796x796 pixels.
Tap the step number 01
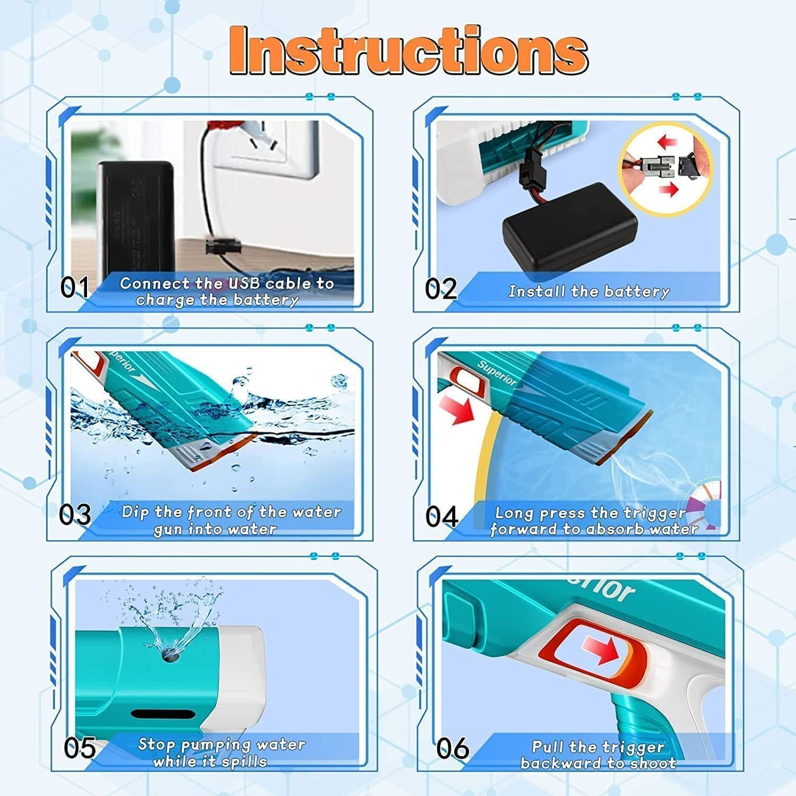[74, 288]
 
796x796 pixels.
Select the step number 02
[440, 289]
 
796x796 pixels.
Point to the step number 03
[75, 515]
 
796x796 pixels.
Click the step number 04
[442, 516]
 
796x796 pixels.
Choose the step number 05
[80, 748]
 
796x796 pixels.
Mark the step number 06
[453, 749]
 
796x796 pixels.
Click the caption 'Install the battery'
[589, 291]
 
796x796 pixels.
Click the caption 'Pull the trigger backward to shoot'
[598, 755]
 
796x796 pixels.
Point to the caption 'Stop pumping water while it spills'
[221, 752]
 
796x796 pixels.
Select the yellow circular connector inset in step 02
[666, 169]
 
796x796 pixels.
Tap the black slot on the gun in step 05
[163, 715]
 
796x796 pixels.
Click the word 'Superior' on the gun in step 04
[497, 373]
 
